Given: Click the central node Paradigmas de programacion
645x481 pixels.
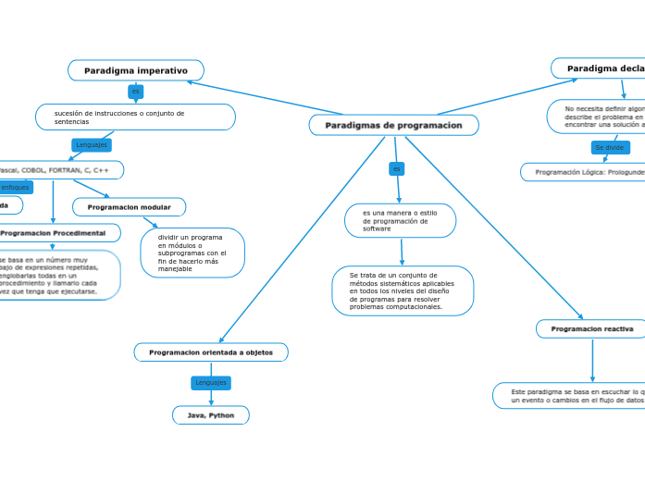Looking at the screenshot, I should [x=393, y=125].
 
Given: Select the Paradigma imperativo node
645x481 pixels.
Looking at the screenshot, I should [x=136, y=70].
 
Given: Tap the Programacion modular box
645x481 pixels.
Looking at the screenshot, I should [x=130, y=207].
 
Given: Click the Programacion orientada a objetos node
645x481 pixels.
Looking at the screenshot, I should [x=211, y=352].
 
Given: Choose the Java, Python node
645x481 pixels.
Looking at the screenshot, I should [x=211, y=415].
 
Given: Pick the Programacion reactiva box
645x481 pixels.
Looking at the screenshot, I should [x=591, y=328].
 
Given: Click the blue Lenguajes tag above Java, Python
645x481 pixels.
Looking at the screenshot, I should [x=211, y=382].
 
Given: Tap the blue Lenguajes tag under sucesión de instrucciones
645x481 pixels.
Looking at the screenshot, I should [x=92, y=145].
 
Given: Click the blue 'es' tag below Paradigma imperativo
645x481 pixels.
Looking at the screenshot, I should [x=136, y=92].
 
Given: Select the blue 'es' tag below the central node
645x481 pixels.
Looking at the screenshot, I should [x=396, y=168].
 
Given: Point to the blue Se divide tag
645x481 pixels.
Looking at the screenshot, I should [x=610, y=148].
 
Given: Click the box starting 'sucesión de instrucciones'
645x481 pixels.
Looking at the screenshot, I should [x=135, y=117].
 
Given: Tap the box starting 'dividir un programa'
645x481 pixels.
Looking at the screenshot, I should [x=192, y=253].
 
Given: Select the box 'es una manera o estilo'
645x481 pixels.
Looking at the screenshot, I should [x=400, y=220].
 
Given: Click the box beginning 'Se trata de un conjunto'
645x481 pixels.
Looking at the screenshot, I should [x=403, y=290].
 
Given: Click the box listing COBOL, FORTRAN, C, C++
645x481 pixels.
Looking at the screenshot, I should [x=60, y=170].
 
